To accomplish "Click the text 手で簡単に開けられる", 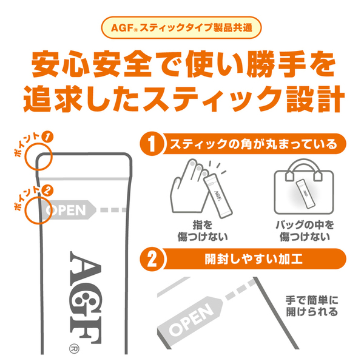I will pos(310,306).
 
